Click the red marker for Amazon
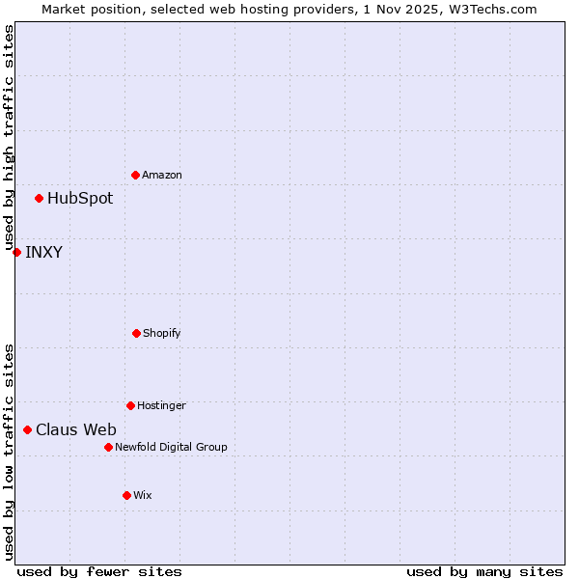tap(135, 175)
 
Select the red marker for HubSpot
tap(39, 199)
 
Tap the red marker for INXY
tap(16, 253)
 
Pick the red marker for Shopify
tap(136, 333)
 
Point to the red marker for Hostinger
tap(130, 405)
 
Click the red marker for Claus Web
tap(27, 430)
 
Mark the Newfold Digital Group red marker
tap(108, 447)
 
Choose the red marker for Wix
tap(126, 495)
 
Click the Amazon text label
tap(162, 175)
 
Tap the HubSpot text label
tap(80, 199)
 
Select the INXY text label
tap(44, 253)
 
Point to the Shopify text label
tap(162, 333)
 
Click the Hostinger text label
tap(161, 405)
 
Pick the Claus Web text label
tap(76, 430)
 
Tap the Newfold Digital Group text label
tap(171, 447)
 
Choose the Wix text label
tap(143, 495)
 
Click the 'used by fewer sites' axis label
tap(99, 571)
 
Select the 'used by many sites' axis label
tap(484, 571)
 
